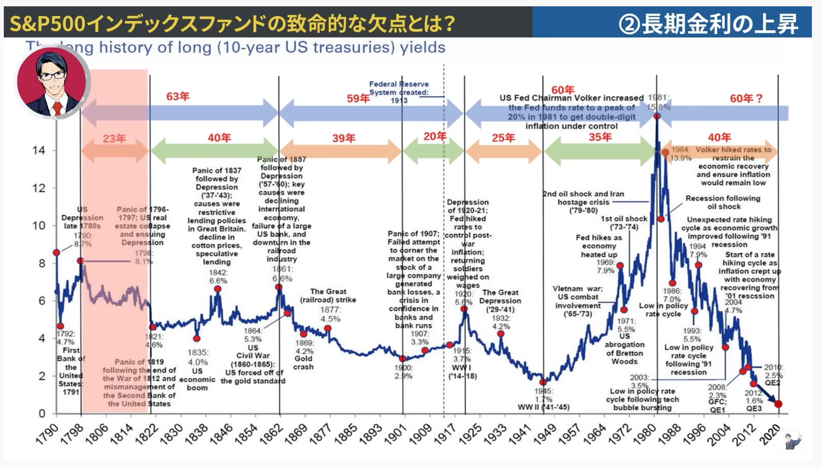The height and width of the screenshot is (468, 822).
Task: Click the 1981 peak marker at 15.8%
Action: coord(657,116)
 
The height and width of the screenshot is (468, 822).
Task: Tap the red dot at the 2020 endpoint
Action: coord(778,404)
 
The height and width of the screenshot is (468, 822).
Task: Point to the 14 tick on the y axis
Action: coord(39,150)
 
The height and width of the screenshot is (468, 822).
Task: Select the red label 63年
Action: coord(178,97)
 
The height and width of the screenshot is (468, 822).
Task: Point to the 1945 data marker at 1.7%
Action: coord(543,382)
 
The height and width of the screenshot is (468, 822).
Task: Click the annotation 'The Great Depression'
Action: coord(501,297)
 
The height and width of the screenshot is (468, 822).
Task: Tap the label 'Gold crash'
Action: coord(304,363)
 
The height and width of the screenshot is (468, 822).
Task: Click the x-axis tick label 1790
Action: coord(52,435)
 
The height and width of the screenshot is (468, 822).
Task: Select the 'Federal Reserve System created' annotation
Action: coord(398,91)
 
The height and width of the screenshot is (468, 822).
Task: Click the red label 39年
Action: coord(344,138)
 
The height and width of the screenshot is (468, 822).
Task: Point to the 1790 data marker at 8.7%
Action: coord(56,252)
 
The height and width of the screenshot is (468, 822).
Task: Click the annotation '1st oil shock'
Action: coord(623,219)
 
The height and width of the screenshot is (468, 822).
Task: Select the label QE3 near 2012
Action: coord(754,408)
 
